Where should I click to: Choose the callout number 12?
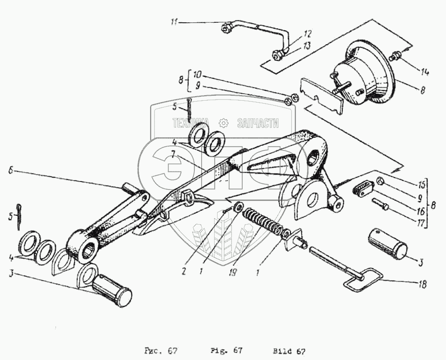tap(308, 34)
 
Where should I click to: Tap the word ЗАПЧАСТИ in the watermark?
tap(258, 123)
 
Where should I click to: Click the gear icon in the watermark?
tap(223, 122)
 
